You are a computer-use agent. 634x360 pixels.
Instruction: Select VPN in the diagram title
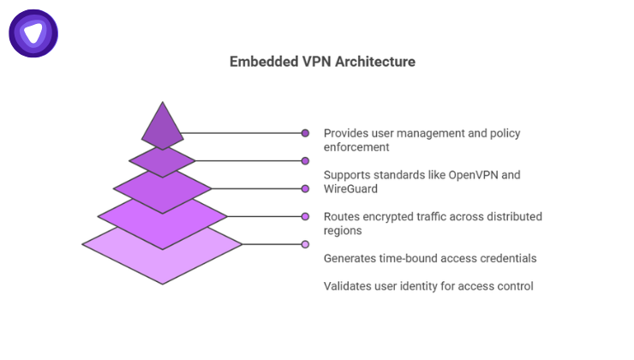point(311,63)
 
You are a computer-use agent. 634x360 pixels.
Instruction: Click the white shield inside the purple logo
point(33,33)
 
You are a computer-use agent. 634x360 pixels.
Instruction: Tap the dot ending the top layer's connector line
point(305,133)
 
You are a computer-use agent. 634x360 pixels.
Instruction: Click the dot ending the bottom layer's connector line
point(305,244)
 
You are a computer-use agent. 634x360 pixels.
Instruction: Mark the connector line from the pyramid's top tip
point(240,133)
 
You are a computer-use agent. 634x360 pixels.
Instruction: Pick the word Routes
point(341,217)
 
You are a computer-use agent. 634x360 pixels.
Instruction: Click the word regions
point(344,231)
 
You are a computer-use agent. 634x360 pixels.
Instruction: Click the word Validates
point(349,285)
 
